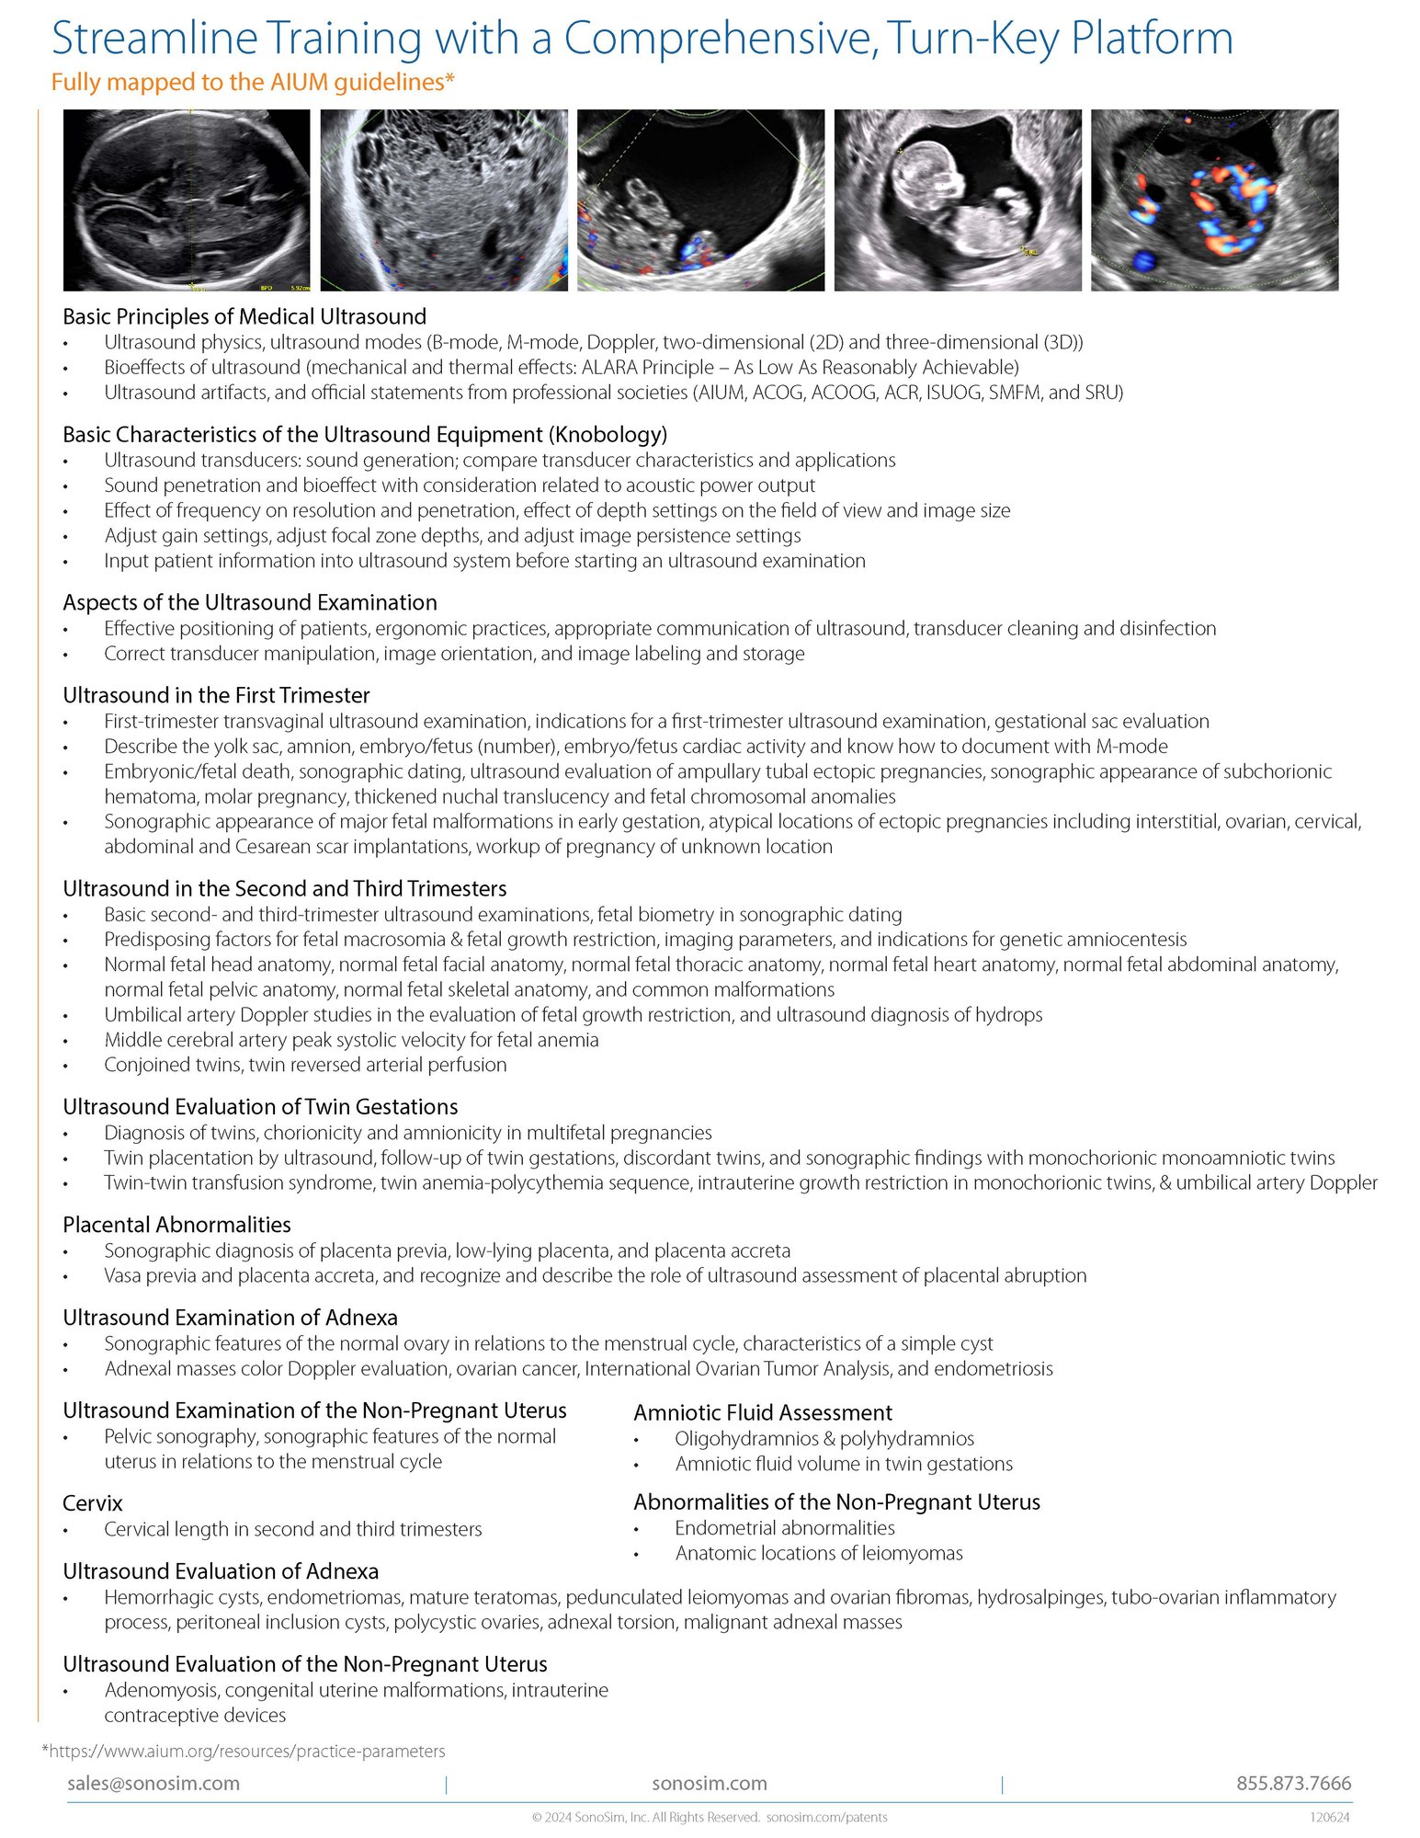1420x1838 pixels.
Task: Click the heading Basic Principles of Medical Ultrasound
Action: pos(244,317)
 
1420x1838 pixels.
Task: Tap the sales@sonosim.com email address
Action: pos(153,1783)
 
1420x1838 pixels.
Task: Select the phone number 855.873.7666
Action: pos(1293,1783)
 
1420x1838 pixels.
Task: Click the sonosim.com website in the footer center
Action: pos(709,1783)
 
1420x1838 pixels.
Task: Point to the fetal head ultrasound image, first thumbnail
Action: pos(187,200)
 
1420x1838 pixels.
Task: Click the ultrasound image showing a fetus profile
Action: pos(957,200)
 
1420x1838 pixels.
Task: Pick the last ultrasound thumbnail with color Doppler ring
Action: pos(1214,200)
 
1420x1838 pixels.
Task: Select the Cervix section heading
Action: pos(93,1503)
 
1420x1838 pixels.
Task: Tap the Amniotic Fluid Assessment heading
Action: pos(763,1412)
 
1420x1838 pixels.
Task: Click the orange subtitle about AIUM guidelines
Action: pos(253,83)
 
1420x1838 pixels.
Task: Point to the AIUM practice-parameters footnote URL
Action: pos(244,1751)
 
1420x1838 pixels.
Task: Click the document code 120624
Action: pos(1329,1817)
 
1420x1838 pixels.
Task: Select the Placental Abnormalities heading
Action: pos(176,1225)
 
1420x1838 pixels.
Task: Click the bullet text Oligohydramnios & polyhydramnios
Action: pos(824,1439)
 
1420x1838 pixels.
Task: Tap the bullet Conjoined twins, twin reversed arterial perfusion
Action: pos(305,1065)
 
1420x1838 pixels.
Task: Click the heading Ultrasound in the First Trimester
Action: pos(216,696)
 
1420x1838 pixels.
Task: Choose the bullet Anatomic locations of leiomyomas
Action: pos(819,1553)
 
